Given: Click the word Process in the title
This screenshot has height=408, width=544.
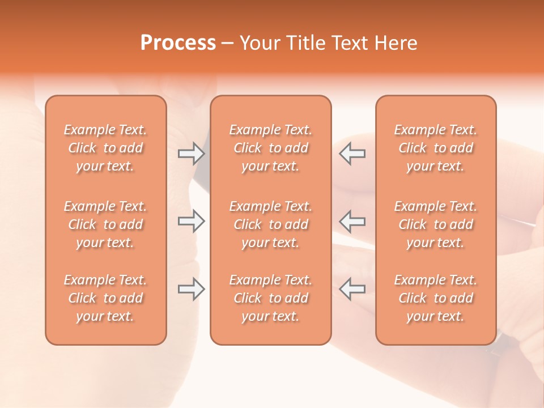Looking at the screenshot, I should [x=178, y=43].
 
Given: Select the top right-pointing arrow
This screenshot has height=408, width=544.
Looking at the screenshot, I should [x=192, y=154].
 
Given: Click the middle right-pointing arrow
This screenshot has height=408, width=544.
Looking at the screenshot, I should [x=192, y=221].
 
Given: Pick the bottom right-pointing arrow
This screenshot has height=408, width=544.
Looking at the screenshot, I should [x=192, y=289].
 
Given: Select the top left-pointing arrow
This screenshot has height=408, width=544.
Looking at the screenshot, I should [x=352, y=154].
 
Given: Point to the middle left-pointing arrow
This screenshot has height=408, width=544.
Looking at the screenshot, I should [x=352, y=221].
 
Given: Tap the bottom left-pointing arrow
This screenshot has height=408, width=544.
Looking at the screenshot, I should [x=352, y=289].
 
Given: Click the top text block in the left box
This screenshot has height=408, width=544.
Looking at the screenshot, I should [x=105, y=148].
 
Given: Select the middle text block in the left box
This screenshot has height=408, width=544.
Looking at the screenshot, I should [x=105, y=224].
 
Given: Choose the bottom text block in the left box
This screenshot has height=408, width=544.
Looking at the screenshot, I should [x=105, y=298].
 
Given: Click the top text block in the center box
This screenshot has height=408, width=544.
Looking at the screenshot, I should [x=270, y=148].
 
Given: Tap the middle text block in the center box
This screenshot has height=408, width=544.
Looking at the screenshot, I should [x=270, y=224].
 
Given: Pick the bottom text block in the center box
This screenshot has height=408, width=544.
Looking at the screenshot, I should [x=270, y=298].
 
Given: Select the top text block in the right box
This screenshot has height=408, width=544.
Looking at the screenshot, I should [x=436, y=148].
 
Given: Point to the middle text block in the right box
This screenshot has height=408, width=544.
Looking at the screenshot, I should [x=436, y=224].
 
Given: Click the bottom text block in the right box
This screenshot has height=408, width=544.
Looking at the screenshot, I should [x=436, y=298].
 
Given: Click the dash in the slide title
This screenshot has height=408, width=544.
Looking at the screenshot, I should [x=228, y=44].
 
